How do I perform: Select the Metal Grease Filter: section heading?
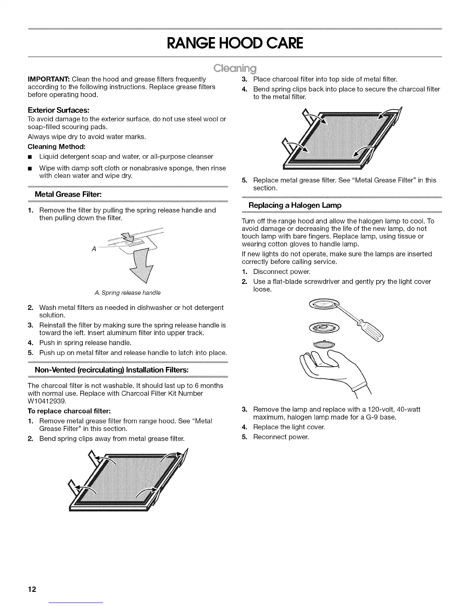coord(68,194)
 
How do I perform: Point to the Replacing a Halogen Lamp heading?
coord(295,205)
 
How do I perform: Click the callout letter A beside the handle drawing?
coord(94,249)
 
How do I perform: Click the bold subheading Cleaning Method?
coord(56,147)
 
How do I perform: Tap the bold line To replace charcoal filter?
coord(69,411)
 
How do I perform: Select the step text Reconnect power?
coord(281,437)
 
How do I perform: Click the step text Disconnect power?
coord(282,272)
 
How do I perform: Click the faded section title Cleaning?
coord(235,69)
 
